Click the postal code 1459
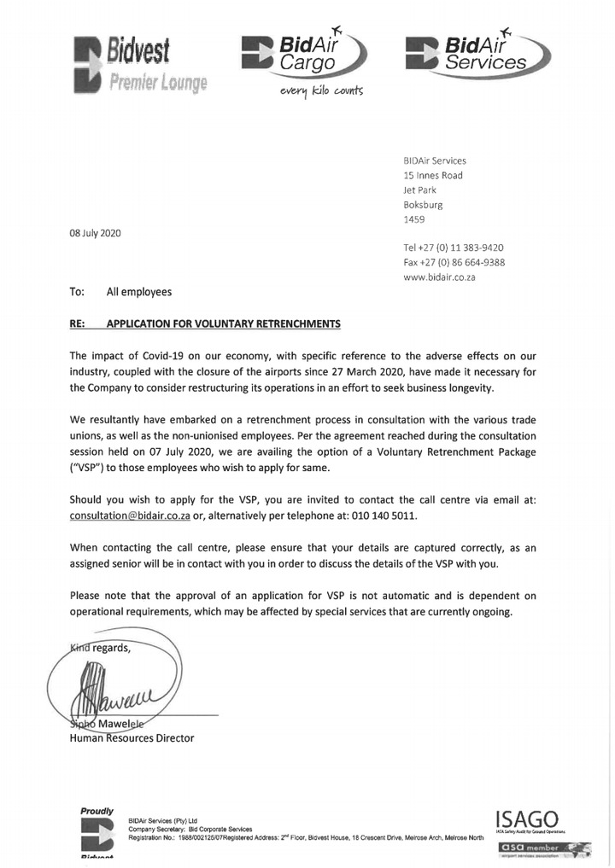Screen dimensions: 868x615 pyautogui.click(x=414, y=219)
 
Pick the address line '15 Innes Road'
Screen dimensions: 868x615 pyautogui.click(x=432, y=175)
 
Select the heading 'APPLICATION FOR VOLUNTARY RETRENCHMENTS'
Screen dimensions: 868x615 pyautogui.click(x=223, y=323)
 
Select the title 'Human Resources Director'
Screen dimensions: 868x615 pyautogui.click(x=132, y=738)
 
